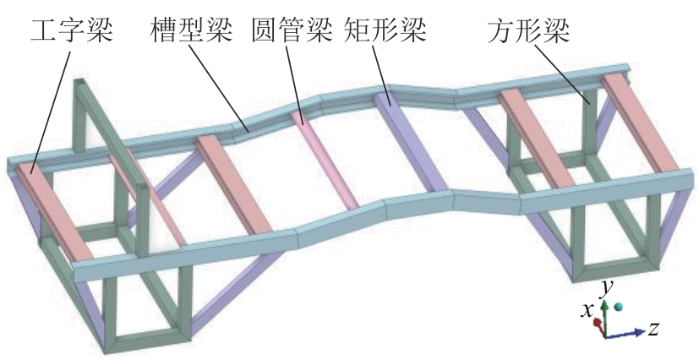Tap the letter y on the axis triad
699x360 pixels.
pos(605,288)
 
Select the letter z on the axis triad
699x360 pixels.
pos(653,327)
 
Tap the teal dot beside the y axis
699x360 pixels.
pos(619,307)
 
